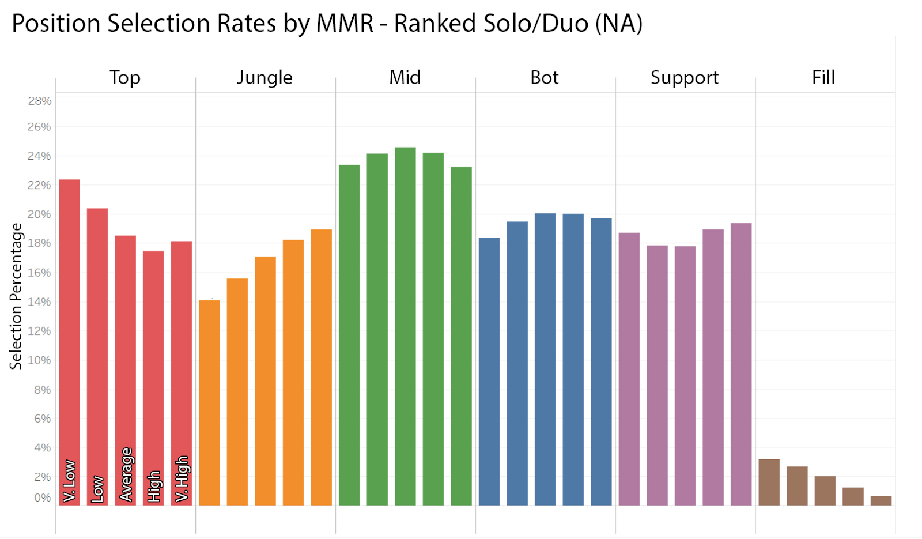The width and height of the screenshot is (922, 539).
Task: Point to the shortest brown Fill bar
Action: pyautogui.click(x=881, y=500)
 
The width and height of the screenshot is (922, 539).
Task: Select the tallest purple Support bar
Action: pyautogui.click(x=741, y=364)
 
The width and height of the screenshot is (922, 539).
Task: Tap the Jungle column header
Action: pyautogui.click(x=264, y=78)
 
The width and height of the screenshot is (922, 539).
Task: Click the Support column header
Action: pyautogui.click(x=685, y=78)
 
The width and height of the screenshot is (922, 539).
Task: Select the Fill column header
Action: pyautogui.click(x=823, y=78)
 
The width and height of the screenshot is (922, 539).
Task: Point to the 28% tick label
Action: pyautogui.click(x=40, y=101)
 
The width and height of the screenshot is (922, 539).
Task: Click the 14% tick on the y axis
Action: pyautogui.click(x=40, y=301)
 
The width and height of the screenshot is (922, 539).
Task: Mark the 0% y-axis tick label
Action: pyautogui.click(x=43, y=497)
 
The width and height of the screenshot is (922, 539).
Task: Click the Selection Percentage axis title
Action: pyautogui.click(x=16, y=296)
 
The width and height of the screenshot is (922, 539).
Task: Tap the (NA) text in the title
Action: pyautogui.click(x=619, y=24)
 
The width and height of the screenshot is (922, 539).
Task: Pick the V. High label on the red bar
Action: pyautogui.click(x=182, y=479)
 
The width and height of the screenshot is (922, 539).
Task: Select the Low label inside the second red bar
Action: pyautogui.click(x=97, y=489)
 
